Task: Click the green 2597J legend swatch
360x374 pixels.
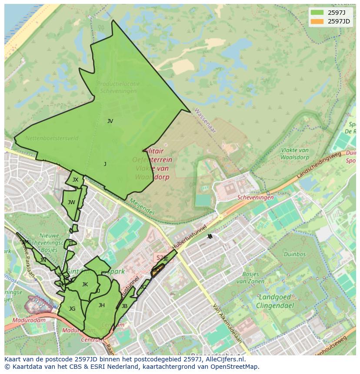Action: tap(317, 13)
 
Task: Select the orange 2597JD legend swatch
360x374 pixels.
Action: tap(317, 21)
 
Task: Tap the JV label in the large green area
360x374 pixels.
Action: tap(110, 121)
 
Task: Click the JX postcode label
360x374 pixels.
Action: tap(75, 180)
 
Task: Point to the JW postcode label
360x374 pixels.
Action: tap(71, 202)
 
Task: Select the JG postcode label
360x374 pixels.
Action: tap(72, 309)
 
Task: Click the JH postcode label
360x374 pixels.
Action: tap(101, 305)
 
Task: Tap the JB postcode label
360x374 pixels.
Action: tap(124, 306)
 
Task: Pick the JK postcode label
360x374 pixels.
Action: tap(85, 285)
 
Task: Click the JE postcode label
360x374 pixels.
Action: tap(166, 259)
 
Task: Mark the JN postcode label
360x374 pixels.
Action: tap(43, 260)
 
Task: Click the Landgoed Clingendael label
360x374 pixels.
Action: tap(276, 301)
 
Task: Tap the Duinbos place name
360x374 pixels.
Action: tap(294, 255)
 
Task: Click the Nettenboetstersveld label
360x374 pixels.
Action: tap(52, 139)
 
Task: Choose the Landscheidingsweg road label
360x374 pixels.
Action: tap(318, 167)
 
